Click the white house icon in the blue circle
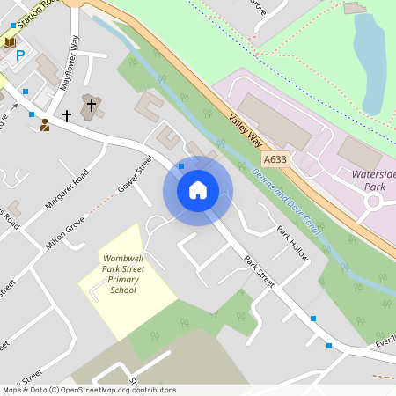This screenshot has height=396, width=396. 198,190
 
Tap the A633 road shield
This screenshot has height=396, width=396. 275,159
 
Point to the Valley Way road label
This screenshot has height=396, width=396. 246,132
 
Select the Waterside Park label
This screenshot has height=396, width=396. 374,181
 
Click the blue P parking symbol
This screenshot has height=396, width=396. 20,55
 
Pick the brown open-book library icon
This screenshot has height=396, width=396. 9,41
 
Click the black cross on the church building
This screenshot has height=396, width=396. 66,115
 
